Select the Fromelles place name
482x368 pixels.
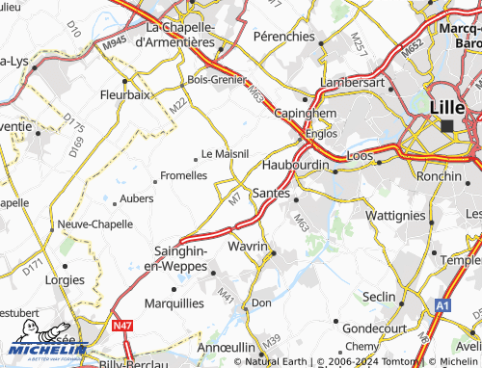tap(183, 175)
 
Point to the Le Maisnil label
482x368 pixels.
tap(225, 153)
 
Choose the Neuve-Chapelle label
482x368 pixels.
tap(94, 223)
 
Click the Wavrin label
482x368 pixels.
tap(247, 247)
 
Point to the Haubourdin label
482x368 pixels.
tap(295, 165)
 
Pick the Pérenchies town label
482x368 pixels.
tap(284, 35)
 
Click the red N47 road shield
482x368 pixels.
tap(121, 327)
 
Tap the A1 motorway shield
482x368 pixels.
tap(442, 304)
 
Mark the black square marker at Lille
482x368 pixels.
tap(446, 125)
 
